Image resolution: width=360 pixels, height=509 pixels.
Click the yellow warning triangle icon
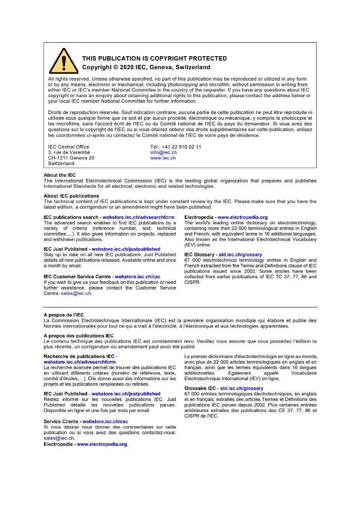pyautogui.click(x=64, y=61)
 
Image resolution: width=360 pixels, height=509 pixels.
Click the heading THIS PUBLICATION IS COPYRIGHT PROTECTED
pyautogui.click(x=154, y=58)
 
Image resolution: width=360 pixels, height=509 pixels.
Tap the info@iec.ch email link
pyautogui.click(x=163, y=152)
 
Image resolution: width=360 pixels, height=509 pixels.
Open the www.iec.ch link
pyautogui.click(x=163, y=158)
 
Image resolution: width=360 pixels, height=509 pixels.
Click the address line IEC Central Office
pyautogui.click(x=68, y=147)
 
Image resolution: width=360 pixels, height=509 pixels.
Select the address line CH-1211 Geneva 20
pyautogui.click(x=71, y=158)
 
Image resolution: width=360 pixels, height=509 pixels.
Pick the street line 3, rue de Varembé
pyautogui.click(x=69, y=152)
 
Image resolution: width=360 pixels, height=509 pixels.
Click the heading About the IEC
pyautogui.click(x=60, y=175)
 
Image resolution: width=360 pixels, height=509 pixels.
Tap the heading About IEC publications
pyautogui.click(x=71, y=196)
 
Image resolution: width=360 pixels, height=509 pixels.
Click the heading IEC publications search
pyautogui.click(x=71, y=217)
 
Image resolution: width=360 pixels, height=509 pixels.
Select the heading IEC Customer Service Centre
pyautogui.click(x=78, y=276)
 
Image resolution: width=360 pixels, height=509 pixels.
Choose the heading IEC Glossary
pyautogui.click(x=199, y=254)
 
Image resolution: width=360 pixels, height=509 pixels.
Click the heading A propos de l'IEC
pyautogui.click(x=64, y=315)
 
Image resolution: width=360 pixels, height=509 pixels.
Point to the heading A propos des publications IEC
pyautogui.click(x=78, y=336)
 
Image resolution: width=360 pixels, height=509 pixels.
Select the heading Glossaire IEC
pyautogui.click(x=200, y=388)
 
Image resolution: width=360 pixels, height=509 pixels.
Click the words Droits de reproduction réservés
pyautogui.click(x=82, y=112)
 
